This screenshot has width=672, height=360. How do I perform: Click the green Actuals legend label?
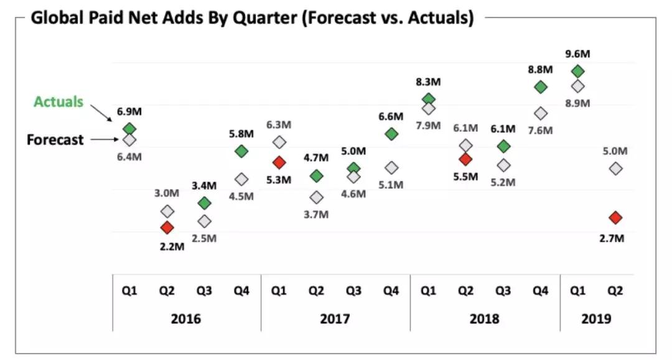click(x=58, y=102)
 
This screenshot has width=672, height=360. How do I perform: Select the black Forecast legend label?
click(x=55, y=140)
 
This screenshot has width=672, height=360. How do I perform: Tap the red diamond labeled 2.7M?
click(x=615, y=218)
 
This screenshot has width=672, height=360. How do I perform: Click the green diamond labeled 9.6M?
click(x=578, y=72)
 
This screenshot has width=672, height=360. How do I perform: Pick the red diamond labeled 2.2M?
click(x=167, y=228)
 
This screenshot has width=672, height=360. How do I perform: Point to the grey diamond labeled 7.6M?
click(x=541, y=113)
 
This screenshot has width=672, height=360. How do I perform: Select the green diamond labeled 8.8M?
click(x=541, y=87)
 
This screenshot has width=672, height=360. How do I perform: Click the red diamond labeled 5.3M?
click(x=279, y=162)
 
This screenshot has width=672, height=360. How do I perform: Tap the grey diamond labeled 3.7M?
click(x=317, y=197)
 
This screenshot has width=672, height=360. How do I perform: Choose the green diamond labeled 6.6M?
click(x=391, y=134)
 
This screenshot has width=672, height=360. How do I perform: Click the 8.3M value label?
click(x=429, y=81)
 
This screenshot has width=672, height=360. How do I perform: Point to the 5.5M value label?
click(x=465, y=177)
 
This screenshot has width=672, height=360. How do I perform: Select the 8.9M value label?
click(x=578, y=103)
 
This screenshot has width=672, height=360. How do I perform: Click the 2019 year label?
click(x=597, y=319)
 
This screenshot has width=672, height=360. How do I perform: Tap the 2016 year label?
click(x=185, y=319)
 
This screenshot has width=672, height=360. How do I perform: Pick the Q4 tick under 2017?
click(x=391, y=290)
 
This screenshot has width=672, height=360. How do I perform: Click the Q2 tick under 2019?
click(x=615, y=290)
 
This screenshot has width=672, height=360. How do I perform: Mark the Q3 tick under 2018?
click(x=503, y=290)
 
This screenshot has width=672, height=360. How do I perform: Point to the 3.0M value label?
click(x=167, y=193)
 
